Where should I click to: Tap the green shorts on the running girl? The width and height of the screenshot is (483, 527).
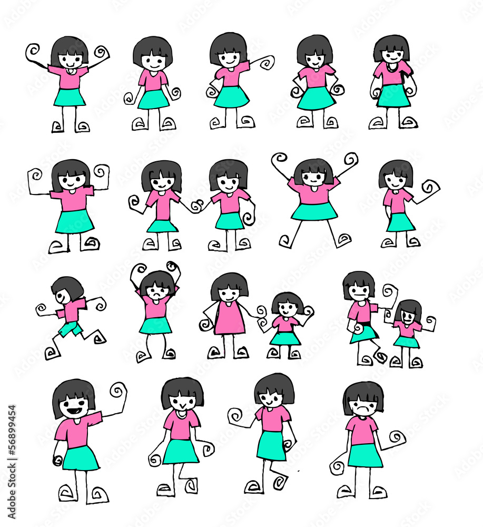[70, 328]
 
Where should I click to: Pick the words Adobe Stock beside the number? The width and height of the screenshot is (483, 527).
[12, 489]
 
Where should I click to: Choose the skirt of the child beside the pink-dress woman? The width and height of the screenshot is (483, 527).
[285, 338]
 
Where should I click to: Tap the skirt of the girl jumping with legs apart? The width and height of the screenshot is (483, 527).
[314, 211]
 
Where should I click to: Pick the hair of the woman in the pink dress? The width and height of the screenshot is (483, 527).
[230, 286]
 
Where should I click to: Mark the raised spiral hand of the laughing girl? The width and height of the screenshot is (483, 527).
[117, 392]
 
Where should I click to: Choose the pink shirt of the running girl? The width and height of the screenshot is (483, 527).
[71, 311]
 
